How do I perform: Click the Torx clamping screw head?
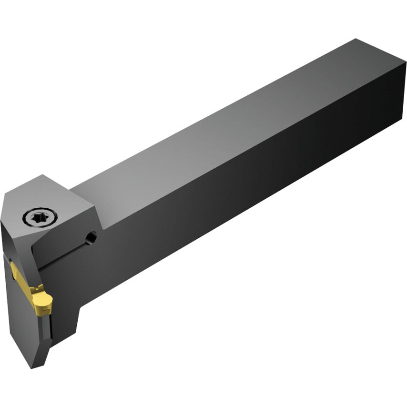click(x=40, y=218)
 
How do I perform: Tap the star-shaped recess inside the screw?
click(x=40, y=218)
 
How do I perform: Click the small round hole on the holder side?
click(x=91, y=236)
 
